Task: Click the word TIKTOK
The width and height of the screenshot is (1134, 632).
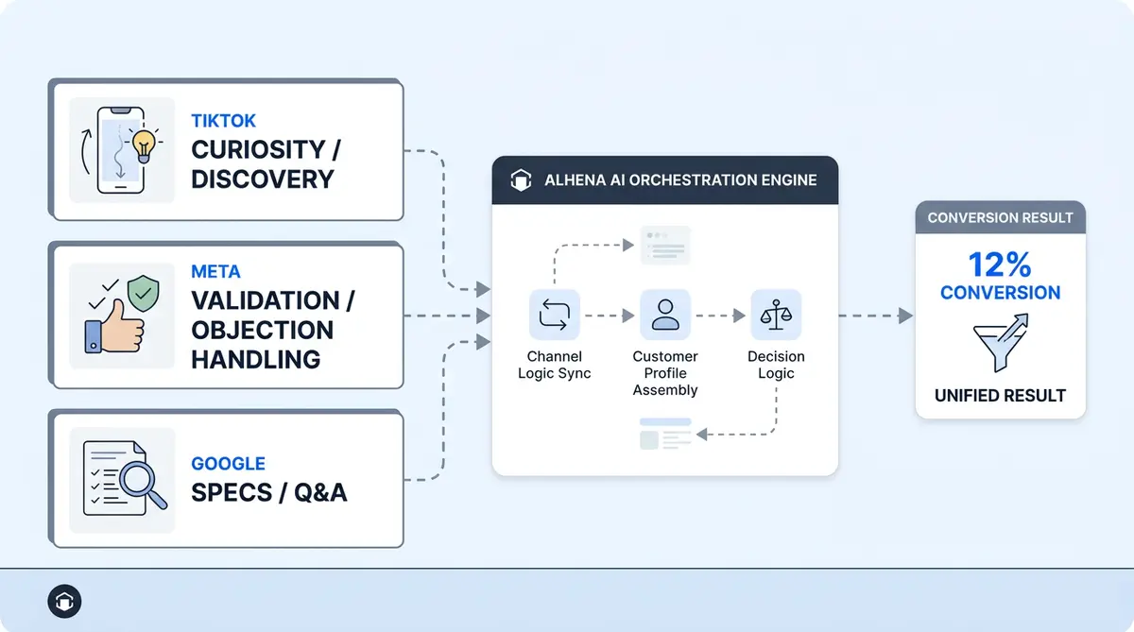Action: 223,121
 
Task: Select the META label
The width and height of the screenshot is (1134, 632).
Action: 215,272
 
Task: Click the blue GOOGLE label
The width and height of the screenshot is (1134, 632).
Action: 228,464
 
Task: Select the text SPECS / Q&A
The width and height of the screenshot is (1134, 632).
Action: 268,492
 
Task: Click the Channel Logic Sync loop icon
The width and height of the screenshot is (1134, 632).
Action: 555,316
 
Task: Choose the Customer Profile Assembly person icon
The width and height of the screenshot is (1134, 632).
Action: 665,316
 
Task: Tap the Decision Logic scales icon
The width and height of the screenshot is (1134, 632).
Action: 776,316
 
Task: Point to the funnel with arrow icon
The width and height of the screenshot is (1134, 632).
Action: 1000,344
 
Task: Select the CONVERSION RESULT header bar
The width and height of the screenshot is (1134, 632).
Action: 1000,217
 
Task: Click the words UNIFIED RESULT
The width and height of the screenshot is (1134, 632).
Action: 1000,396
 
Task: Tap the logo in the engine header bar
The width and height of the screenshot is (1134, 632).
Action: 521,180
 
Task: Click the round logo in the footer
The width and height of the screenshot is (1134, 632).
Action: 64,601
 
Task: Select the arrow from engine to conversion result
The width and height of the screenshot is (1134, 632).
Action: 874,316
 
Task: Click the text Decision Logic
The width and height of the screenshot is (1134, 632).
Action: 776,365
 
